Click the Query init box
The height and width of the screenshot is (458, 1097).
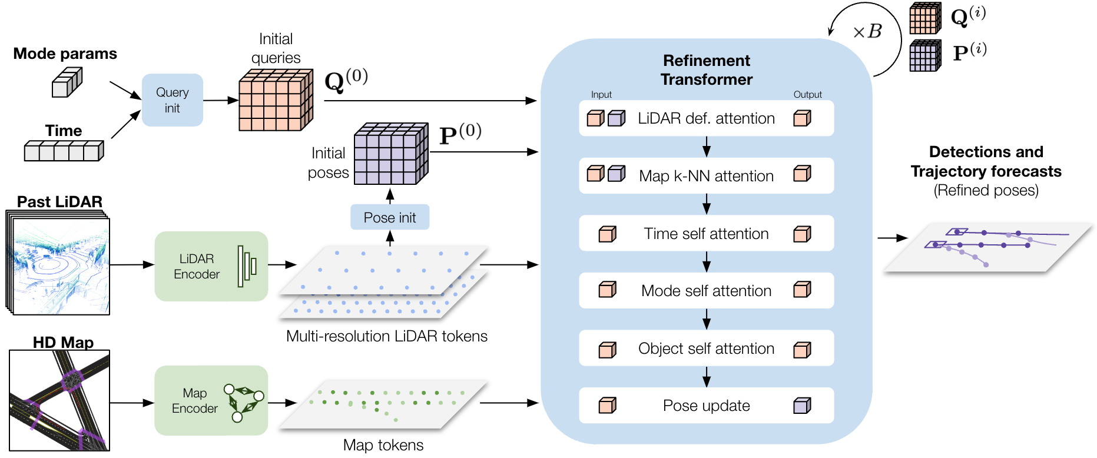172,100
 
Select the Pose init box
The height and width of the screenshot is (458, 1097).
389,217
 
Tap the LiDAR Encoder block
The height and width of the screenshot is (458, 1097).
211,266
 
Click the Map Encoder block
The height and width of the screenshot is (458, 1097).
211,400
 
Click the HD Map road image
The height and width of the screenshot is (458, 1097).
59,400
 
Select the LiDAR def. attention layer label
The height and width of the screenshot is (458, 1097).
706,118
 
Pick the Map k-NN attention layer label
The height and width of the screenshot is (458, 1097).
706,176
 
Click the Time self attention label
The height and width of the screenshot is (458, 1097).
706,234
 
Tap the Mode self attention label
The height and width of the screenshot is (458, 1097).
706,291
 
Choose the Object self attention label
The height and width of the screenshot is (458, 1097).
706,349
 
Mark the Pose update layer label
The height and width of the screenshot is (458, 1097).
706,406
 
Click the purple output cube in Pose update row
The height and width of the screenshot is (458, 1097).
802,406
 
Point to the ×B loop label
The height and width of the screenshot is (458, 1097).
867,31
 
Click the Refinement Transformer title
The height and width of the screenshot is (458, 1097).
706,70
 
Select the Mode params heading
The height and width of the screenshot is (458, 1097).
65,54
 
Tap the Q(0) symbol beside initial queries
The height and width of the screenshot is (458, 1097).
346,80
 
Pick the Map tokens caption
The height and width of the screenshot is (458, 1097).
383,445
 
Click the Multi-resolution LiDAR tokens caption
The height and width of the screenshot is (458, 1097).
387,336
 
